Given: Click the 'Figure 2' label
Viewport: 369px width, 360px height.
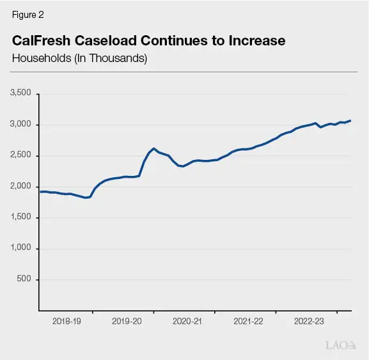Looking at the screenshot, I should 27,15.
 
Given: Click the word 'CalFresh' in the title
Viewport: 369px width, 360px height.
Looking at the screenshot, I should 42,41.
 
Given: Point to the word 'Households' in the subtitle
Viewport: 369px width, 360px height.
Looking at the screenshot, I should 39,58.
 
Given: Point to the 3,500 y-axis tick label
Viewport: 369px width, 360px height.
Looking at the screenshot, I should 21,94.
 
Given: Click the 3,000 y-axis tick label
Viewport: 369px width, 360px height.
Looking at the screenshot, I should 21,125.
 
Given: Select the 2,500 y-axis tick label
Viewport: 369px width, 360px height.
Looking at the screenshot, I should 21,156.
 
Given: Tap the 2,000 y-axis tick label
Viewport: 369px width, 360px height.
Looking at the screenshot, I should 21,187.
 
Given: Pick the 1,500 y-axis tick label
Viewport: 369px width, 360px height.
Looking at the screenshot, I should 21,217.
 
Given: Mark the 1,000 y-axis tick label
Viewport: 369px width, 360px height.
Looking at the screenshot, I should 21,249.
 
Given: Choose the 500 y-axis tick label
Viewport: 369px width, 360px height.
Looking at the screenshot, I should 24,279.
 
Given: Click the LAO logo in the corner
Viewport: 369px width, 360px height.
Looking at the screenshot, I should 339,345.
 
